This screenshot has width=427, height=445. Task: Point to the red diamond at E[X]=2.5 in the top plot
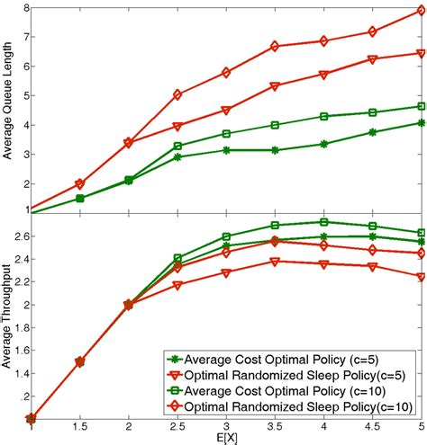click(x=178, y=94)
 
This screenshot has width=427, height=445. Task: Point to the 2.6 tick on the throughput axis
click(x=21, y=236)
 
